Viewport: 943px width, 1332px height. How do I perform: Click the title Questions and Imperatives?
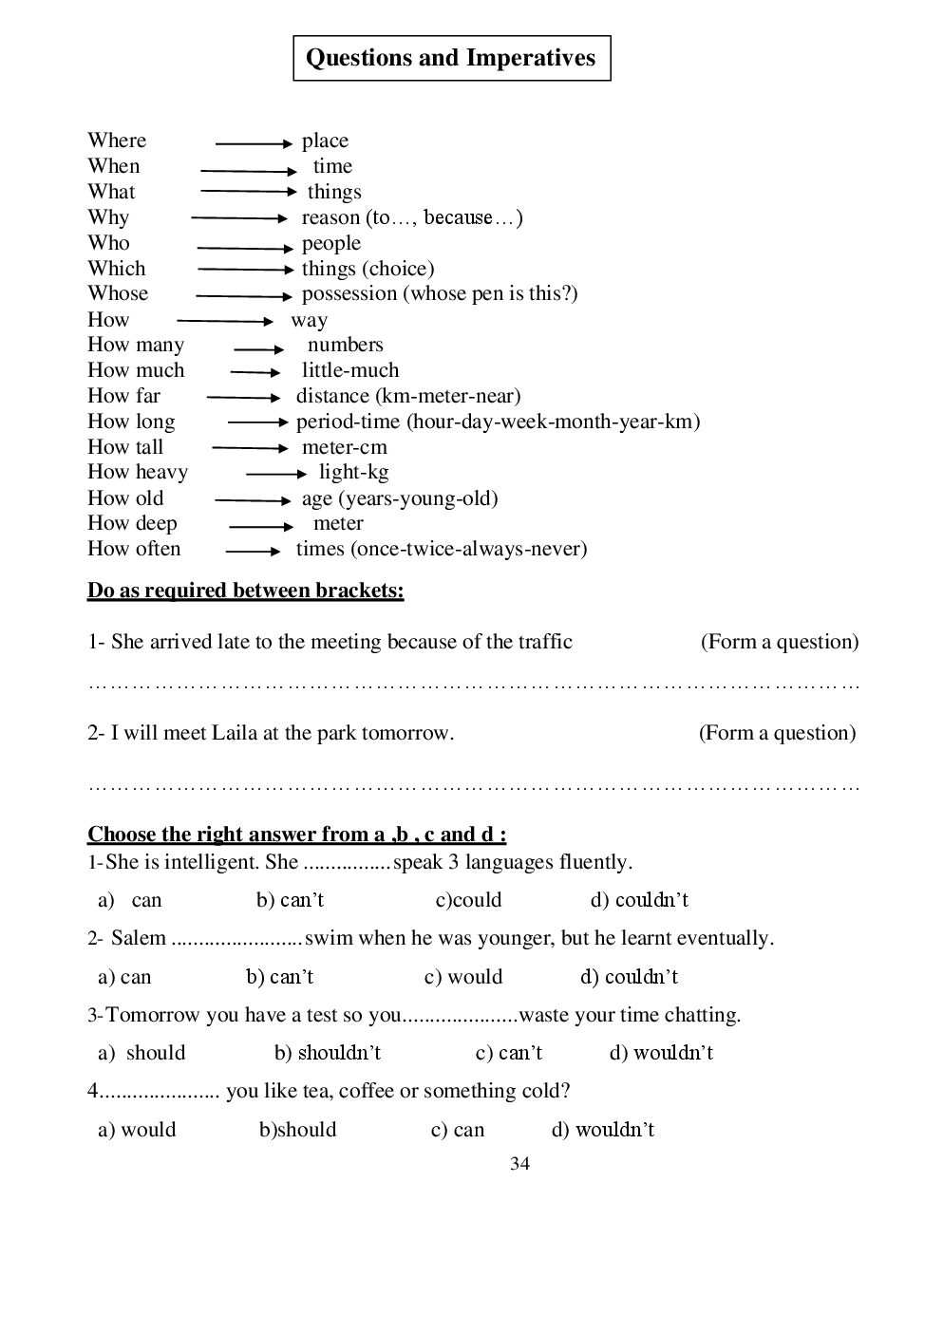(x=451, y=58)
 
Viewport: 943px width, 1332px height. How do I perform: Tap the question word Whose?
(x=118, y=293)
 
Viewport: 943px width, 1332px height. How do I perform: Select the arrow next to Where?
(x=254, y=143)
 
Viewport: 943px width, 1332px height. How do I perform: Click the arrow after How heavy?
(x=275, y=473)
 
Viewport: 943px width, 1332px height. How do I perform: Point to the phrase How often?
(x=134, y=549)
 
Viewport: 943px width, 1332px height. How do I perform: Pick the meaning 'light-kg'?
(x=353, y=472)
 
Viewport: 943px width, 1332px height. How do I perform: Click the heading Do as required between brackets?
(x=245, y=591)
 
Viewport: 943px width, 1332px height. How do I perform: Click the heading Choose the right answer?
(x=296, y=835)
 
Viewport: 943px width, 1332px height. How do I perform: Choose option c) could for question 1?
(x=468, y=900)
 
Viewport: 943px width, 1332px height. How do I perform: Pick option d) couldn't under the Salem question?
(x=630, y=977)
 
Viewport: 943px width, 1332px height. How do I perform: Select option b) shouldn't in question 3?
(x=328, y=1053)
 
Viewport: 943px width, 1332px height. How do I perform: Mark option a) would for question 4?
(x=137, y=1130)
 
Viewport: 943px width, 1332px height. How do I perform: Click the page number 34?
(x=519, y=1164)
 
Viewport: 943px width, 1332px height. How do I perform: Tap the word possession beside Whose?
(x=349, y=293)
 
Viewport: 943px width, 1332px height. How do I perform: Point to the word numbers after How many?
(x=345, y=345)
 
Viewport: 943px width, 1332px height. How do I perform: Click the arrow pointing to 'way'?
(x=225, y=321)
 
